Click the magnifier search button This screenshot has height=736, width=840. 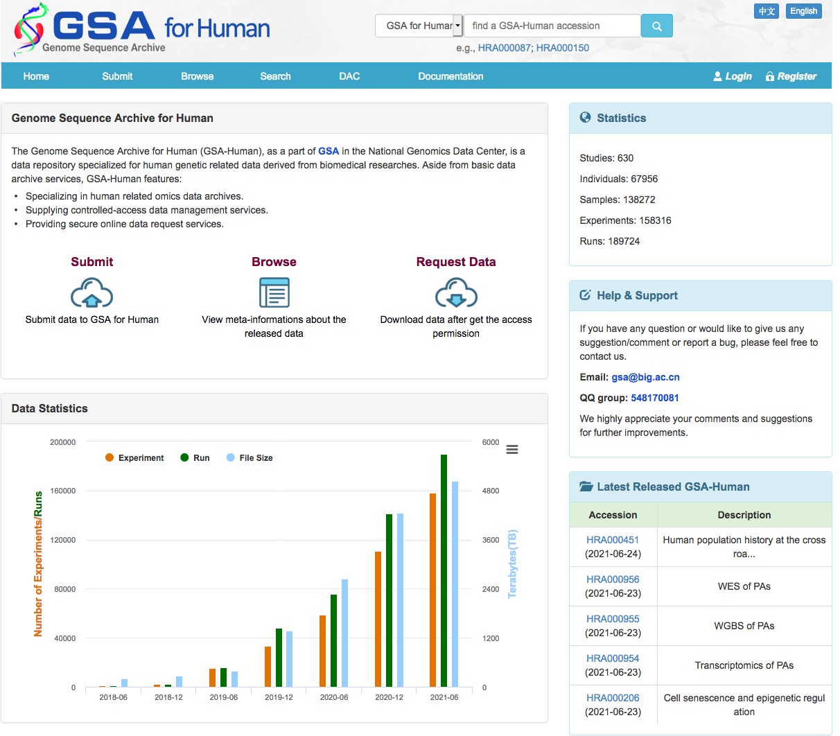coord(656,26)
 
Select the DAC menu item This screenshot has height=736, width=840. coord(349,76)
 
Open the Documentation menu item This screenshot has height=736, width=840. coord(450,76)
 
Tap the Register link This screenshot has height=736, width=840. coord(791,76)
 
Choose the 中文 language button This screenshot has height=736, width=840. coord(767,11)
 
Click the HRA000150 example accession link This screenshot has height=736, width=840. coord(562,48)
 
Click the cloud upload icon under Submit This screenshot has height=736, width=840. coord(92,292)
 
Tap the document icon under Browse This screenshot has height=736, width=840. coord(274,292)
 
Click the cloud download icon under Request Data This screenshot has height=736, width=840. coord(456,292)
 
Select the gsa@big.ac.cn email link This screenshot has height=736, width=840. coord(645,377)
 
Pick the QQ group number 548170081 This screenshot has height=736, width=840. coord(655,398)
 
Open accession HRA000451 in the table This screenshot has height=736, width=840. coord(613,540)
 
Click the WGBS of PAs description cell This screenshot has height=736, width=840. coord(744,626)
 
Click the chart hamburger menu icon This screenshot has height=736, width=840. coord(512,450)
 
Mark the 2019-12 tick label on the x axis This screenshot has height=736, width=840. coord(279,697)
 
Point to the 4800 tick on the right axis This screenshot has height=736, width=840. coord(491,491)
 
